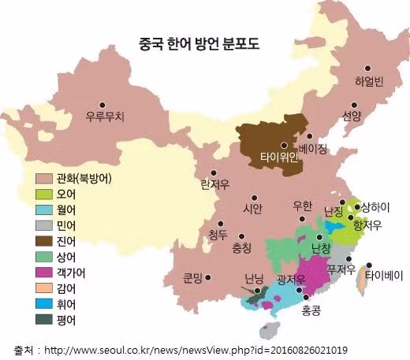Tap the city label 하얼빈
(368, 82)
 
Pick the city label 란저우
(214, 184)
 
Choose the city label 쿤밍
(193, 277)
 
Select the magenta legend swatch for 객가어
(45, 272)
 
